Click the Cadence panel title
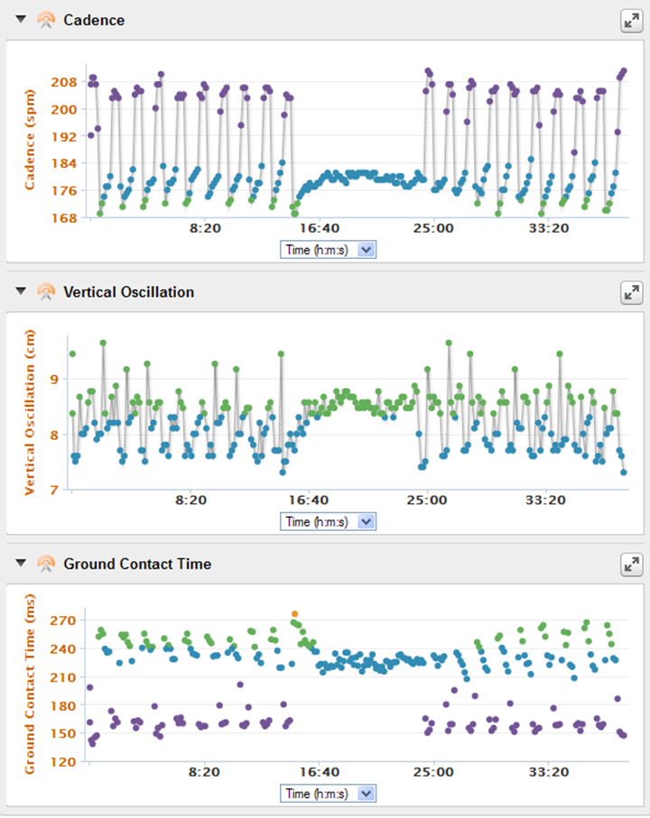point(94,20)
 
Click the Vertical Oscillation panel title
point(128,292)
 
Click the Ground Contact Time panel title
point(137,564)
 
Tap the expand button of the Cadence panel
point(631,21)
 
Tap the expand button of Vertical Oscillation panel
point(631,293)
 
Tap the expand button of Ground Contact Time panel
point(631,565)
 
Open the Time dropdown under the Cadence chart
point(328,250)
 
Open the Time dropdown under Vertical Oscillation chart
point(328,521)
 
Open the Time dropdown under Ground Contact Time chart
point(328,794)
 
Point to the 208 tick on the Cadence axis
point(64,82)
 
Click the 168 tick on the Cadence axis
point(64,217)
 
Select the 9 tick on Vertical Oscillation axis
point(54,380)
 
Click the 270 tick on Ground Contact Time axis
point(63,620)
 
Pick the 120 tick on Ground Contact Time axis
point(63,762)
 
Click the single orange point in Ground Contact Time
point(295,614)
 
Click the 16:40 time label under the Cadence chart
point(320,228)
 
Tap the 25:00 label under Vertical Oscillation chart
point(427,500)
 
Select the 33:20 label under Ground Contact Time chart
point(549,772)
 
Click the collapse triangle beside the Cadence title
point(21,19)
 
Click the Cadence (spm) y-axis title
point(30,139)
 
